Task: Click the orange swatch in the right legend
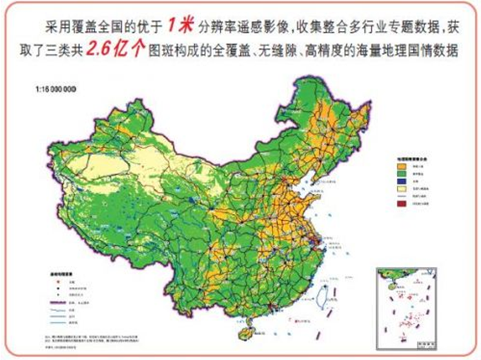[399, 166]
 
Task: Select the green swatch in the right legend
[399, 174]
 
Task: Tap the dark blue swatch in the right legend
[399, 182]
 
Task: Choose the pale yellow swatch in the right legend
[399, 190]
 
